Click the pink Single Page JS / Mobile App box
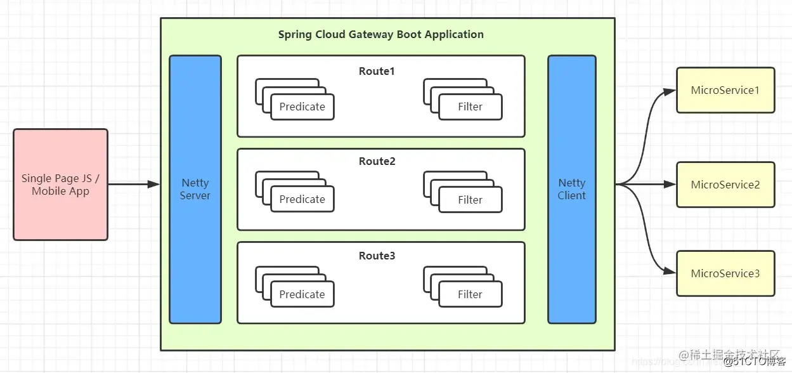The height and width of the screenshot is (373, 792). click(x=60, y=185)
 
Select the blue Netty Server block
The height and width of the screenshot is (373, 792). click(x=195, y=189)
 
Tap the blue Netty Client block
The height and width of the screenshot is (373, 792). click(x=571, y=189)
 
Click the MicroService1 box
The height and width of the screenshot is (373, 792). click(x=725, y=90)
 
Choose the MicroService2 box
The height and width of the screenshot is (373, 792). click(x=725, y=185)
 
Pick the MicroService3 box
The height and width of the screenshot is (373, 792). click(x=725, y=273)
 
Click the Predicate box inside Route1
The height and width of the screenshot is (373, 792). click(x=302, y=107)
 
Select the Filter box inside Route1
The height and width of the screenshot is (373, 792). click(x=470, y=107)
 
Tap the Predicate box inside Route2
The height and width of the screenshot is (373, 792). click(x=302, y=199)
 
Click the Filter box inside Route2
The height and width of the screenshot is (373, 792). click(x=470, y=199)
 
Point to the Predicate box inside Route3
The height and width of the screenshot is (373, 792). click(x=302, y=294)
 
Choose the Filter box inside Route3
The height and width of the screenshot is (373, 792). click(x=470, y=294)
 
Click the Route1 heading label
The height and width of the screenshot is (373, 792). click(x=377, y=71)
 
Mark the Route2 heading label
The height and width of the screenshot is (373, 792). click(x=377, y=161)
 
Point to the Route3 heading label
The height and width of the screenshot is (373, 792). click(x=377, y=256)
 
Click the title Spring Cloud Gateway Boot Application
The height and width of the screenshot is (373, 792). click(x=380, y=34)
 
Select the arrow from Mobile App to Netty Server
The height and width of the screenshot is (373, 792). click(x=133, y=185)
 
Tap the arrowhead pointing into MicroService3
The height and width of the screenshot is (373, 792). click(x=670, y=272)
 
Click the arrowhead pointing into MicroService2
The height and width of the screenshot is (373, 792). click(x=670, y=185)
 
